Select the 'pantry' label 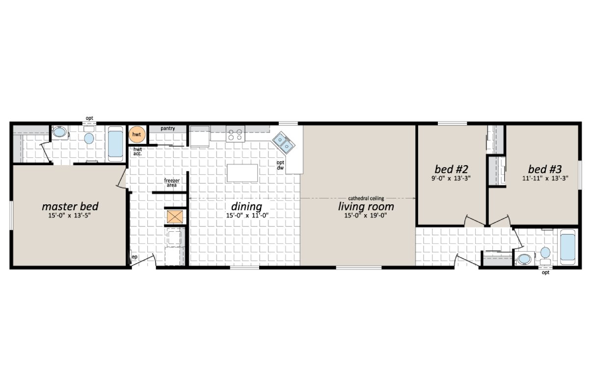coord(168,128)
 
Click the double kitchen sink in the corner coord(284,143)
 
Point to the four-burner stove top coord(235,133)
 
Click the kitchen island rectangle coord(242,173)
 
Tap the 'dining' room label coord(247,206)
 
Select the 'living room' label coord(366,206)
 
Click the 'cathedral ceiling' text coord(366,197)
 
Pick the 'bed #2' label coord(451,169)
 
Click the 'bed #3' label coord(545,169)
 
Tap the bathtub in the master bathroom coord(116,143)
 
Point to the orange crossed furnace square coord(174,217)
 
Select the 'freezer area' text coord(172,183)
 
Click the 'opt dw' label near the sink coord(280,165)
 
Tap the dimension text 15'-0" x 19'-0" coord(366,216)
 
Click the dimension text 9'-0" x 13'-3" coord(451,179)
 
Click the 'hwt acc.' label coord(137,151)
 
